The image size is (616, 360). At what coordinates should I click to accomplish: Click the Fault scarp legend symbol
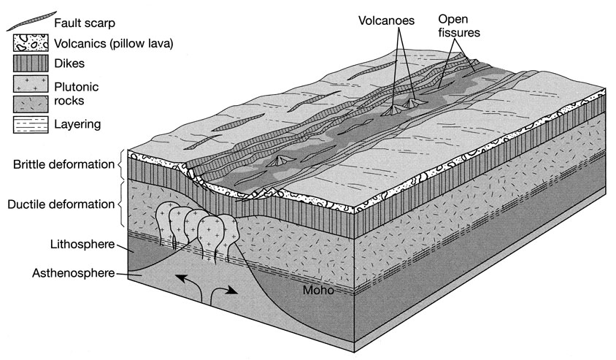pos(31,20)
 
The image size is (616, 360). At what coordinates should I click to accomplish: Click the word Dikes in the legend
pos(69,64)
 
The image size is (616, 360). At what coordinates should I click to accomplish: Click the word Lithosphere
pos(72,244)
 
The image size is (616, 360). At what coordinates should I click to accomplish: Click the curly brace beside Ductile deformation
pos(120,203)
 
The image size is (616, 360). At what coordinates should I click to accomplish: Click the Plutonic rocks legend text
pos(77,93)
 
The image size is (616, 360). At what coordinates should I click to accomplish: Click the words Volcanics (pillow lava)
pos(113,43)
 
